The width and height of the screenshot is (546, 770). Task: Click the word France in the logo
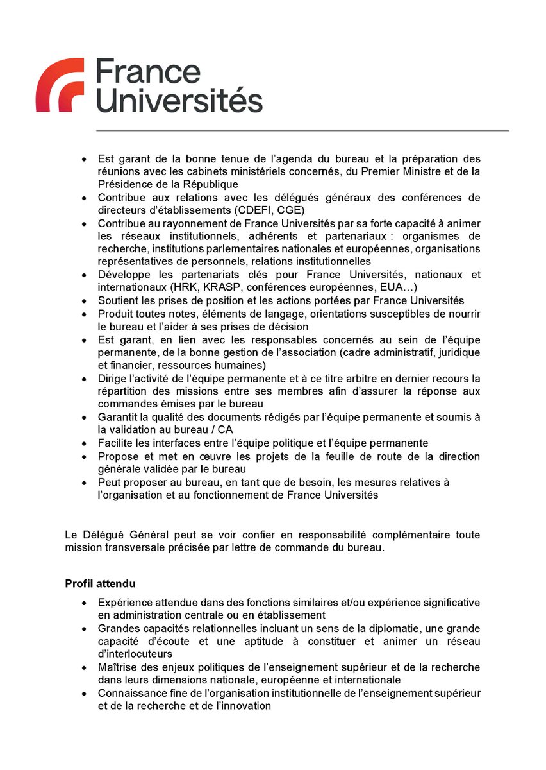pos(147,72)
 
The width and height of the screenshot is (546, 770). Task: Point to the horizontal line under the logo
pos(302,131)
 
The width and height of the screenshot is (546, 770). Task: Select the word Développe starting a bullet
pos(124,275)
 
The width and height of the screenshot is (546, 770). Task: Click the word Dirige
pos(113,379)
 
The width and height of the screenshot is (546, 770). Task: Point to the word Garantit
pos(119,417)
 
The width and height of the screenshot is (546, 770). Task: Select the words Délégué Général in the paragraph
pos(119,535)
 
